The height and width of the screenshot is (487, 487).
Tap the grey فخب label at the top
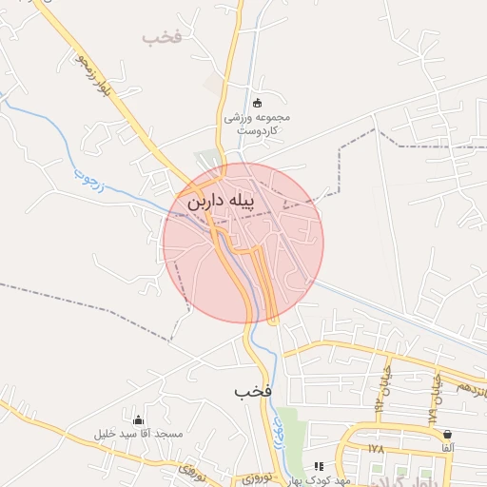coord(161,38)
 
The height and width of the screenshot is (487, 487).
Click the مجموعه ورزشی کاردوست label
coord(256,123)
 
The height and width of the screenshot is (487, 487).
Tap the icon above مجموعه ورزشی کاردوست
coord(256,103)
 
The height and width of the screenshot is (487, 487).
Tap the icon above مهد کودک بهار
coord(320,466)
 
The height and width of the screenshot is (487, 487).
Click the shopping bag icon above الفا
coord(447,434)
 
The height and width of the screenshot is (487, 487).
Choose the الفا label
coord(447,447)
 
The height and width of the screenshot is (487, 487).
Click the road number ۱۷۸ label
coord(375,447)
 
